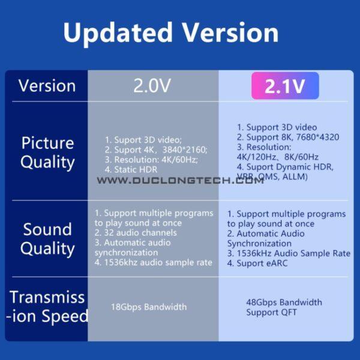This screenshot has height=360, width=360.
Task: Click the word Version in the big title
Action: coord(229,32)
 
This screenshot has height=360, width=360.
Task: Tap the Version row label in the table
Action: coord(47,86)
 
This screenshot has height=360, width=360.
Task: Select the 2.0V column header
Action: coord(152,86)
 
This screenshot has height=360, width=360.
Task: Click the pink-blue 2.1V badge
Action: coord(284,86)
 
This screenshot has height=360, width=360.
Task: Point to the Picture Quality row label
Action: coord(47,152)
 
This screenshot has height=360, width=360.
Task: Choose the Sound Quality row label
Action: coord(47,239)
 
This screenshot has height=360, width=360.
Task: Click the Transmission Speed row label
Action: coord(47,307)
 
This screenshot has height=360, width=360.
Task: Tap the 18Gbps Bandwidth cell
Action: coord(149,307)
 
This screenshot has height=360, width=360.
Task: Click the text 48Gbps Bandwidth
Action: coord(284,302)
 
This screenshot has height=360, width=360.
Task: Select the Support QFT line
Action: coord(271,313)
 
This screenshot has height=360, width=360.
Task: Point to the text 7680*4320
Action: coord(316,137)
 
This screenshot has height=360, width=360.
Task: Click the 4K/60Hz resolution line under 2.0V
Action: coord(151,160)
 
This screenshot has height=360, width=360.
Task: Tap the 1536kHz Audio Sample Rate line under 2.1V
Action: coord(289,254)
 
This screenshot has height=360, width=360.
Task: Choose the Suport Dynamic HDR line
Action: coord(285,166)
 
